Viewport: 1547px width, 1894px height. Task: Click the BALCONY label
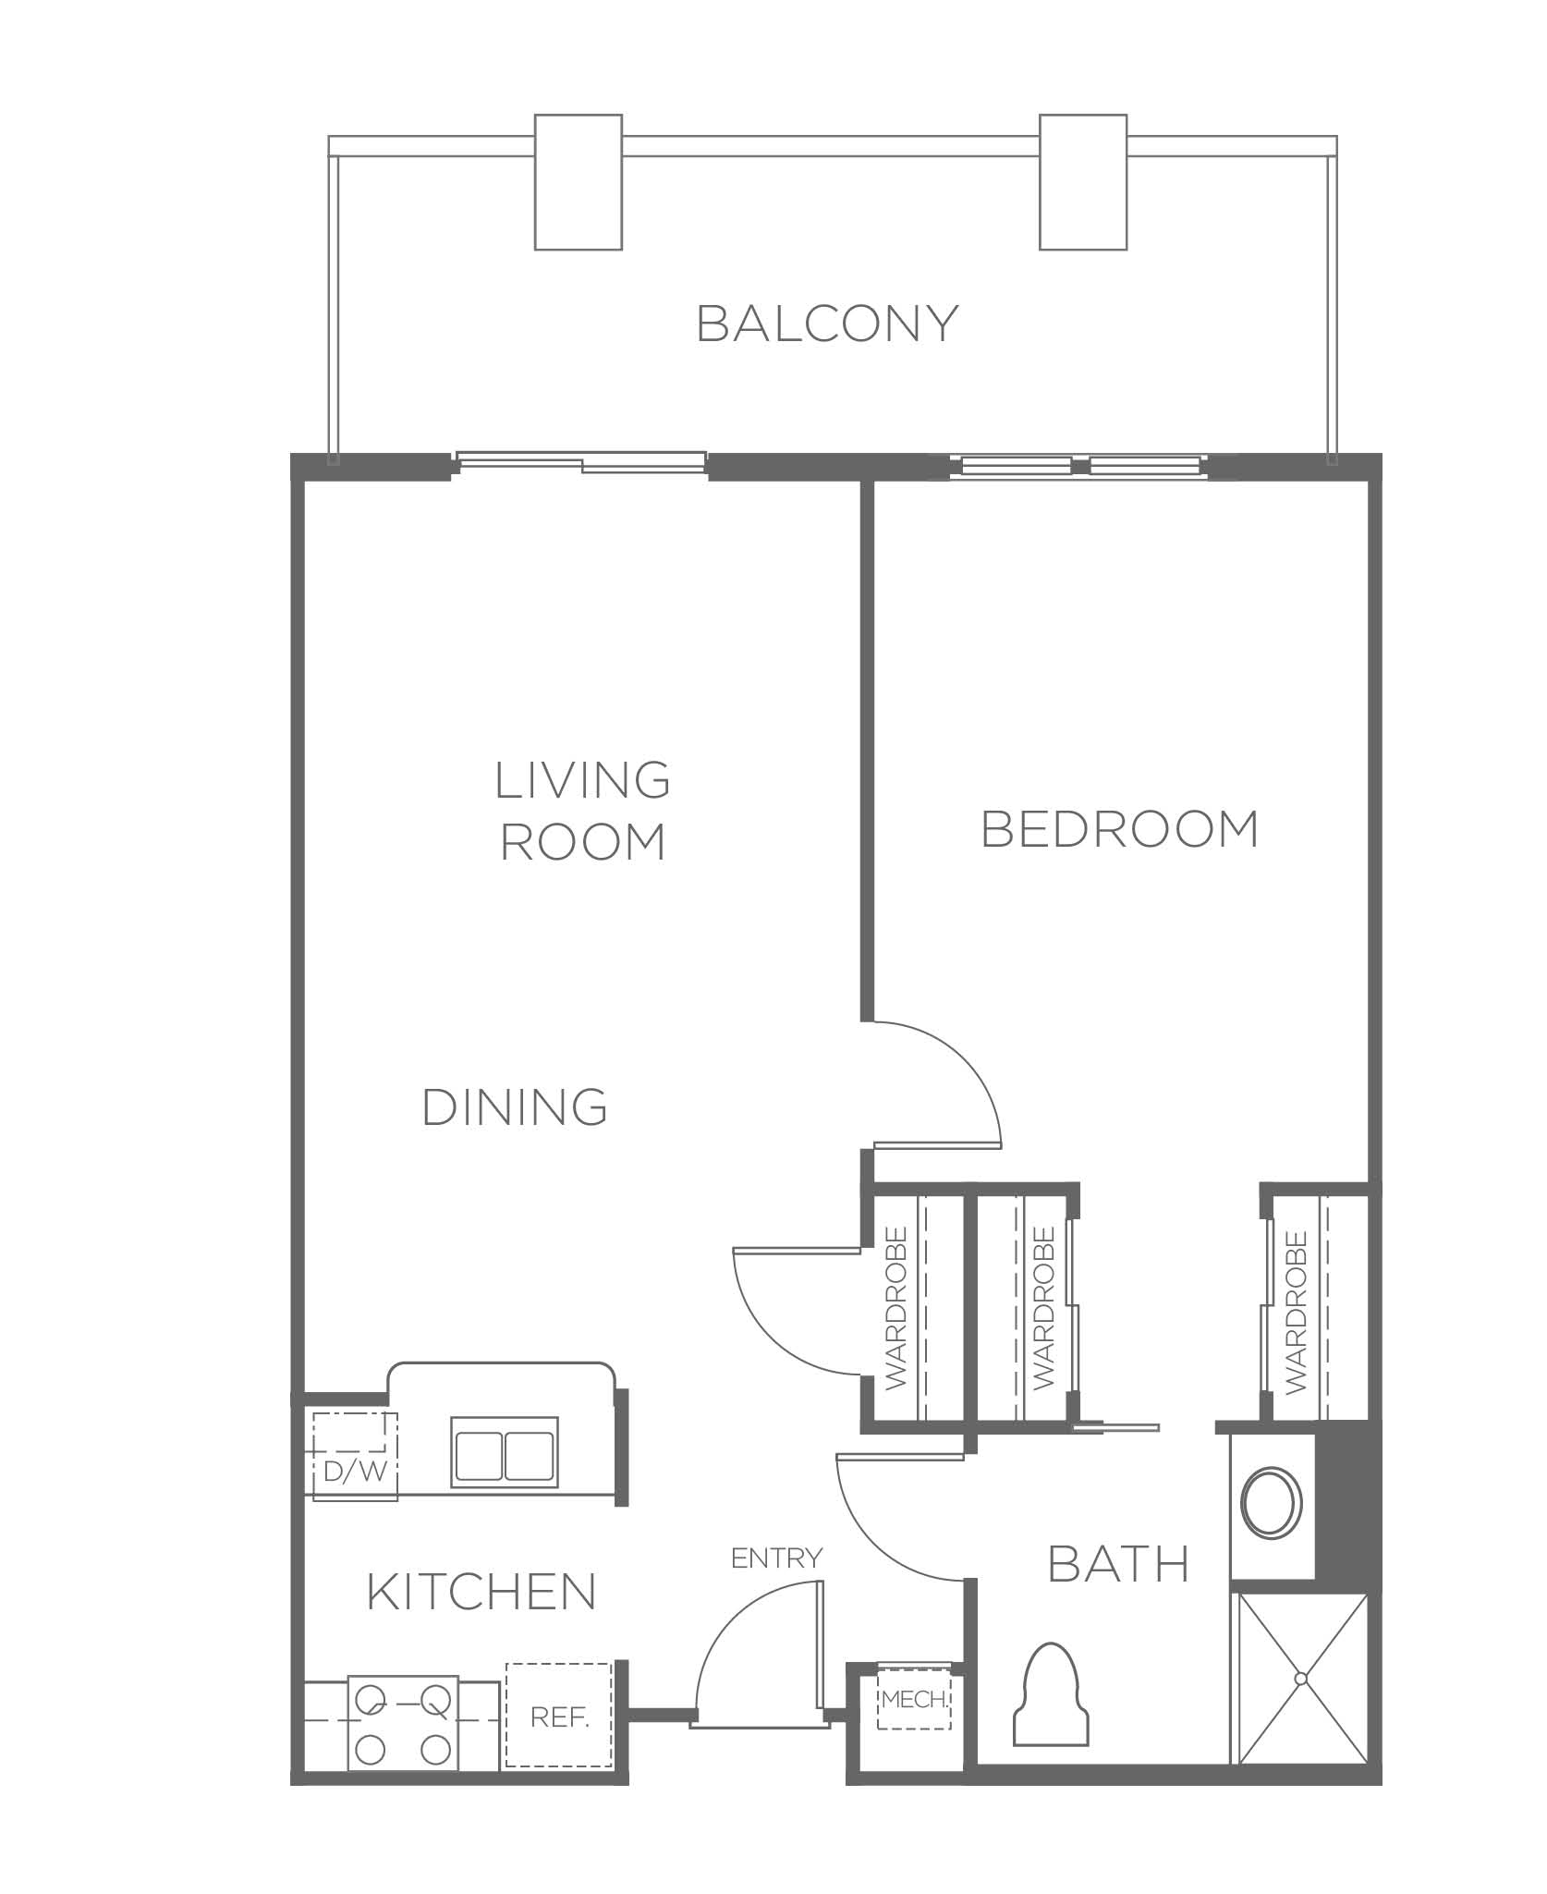point(827,324)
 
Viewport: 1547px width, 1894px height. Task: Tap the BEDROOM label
point(1120,829)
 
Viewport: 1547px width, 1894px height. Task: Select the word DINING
point(515,1107)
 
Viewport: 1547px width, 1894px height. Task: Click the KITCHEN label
point(481,1592)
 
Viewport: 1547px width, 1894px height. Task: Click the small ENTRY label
point(776,1558)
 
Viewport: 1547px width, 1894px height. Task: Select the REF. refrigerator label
point(560,1717)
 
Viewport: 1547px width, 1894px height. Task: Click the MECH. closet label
point(914,1699)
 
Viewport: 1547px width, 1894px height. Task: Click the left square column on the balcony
point(579,182)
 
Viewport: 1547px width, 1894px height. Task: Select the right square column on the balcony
point(1083,182)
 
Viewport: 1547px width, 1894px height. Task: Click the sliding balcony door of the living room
point(582,462)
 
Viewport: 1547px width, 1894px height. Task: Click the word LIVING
point(582,781)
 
